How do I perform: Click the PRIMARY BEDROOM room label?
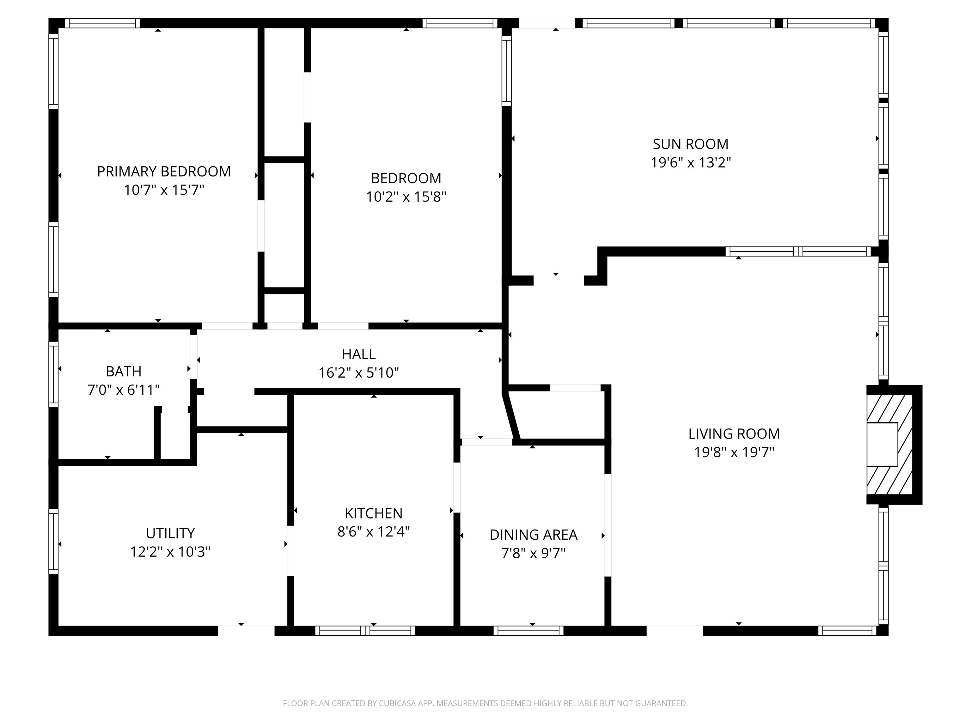point(164,171)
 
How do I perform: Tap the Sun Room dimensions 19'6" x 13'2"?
point(691,162)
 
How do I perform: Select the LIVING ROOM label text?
point(734,434)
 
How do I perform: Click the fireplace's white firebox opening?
point(882,444)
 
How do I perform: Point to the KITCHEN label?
point(374,513)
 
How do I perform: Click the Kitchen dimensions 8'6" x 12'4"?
point(374,531)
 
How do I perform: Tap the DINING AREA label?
point(533,535)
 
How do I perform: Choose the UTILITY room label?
point(170,533)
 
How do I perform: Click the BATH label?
point(124,371)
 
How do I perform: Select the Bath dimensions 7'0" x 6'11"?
point(124,390)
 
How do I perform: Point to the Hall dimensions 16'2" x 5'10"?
point(359,373)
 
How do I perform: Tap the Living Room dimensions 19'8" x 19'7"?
point(734,452)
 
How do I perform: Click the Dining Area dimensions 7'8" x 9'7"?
point(533,553)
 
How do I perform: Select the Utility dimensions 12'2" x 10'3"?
point(170,551)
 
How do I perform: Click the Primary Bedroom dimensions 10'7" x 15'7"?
point(164,190)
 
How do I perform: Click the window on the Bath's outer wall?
point(53,374)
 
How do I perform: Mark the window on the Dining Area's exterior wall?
point(528,631)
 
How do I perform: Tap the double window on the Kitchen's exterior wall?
point(365,631)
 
